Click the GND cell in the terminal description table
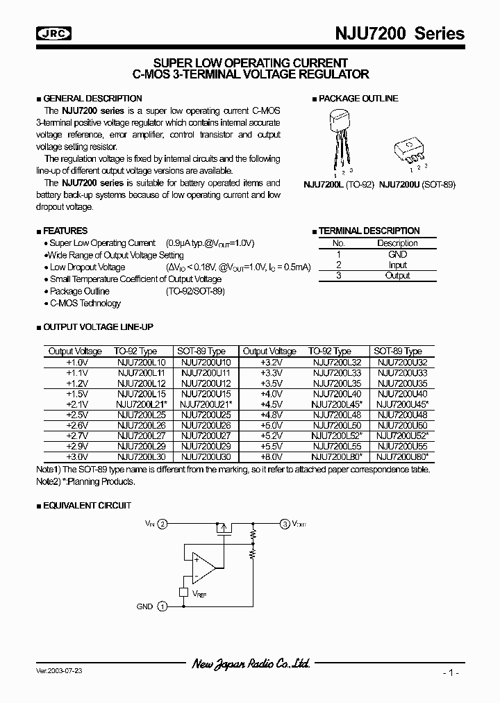click(398, 254)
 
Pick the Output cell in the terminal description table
click(398, 275)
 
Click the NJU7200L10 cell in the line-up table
click(142, 362)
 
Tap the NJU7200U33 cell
click(402, 372)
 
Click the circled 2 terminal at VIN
click(162, 524)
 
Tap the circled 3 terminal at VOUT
click(285, 524)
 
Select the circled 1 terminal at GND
click(162, 606)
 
